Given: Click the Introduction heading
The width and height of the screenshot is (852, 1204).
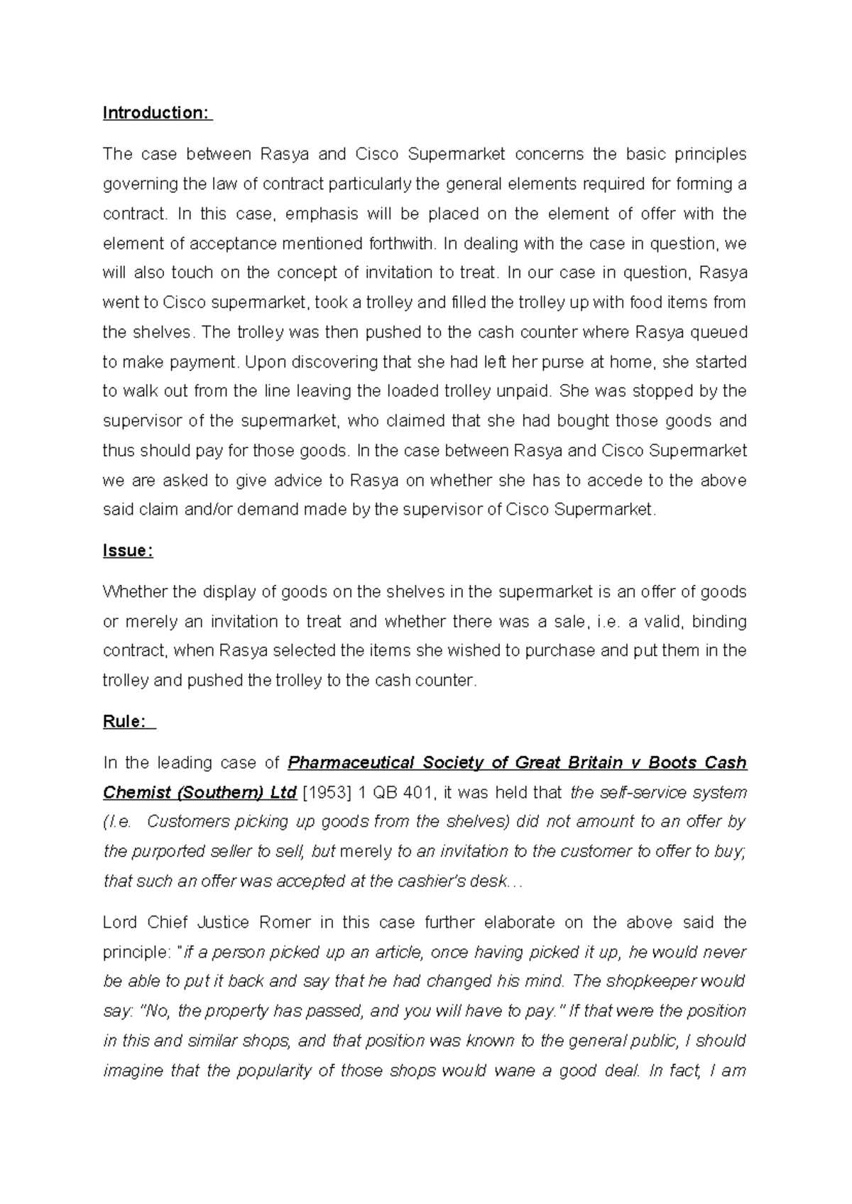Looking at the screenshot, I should click(x=157, y=113).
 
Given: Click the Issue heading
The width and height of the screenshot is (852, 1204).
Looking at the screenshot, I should click(x=128, y=551).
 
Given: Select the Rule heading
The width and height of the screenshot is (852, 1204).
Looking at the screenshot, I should click(x=125, y=722).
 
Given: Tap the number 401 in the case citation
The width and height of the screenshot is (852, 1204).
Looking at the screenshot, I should click(x=417, y=793).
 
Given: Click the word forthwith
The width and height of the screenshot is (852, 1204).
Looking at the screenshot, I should click(x=402, y=243).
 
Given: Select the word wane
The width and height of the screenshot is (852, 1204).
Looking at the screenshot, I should click(x=508, y=1071).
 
